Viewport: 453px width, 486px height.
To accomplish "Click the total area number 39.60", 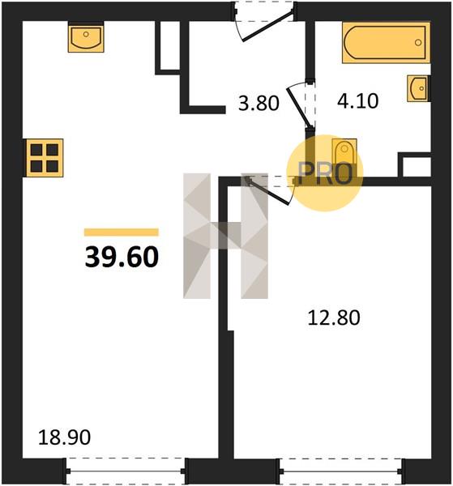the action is [122, 257].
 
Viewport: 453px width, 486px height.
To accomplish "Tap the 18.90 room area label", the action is [64, 437].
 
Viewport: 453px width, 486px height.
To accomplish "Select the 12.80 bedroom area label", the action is [334, 318].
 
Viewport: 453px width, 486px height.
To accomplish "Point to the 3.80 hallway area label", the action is [259, 103].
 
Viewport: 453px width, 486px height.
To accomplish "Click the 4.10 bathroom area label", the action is [358, 101].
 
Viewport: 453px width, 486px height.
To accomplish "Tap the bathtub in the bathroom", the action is [386, 42].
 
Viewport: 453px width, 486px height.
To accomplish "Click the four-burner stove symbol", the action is [44, 158].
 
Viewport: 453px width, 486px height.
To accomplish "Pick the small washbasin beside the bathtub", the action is [418, 88].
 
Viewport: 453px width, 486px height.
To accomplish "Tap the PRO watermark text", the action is [325, 174].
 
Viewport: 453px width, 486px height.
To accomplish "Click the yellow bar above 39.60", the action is [122, 232].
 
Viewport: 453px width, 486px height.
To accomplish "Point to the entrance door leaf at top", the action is [268, 26].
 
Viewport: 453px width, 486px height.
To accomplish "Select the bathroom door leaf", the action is [298, 108].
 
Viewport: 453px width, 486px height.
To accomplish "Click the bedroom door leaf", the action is [269, 190].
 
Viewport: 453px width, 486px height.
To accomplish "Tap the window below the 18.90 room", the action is [126, 471].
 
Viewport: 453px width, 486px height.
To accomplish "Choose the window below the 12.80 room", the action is [341, 471].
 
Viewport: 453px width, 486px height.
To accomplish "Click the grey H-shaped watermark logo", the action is [225, 236].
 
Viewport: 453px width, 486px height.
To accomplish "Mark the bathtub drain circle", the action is [418, 42].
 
